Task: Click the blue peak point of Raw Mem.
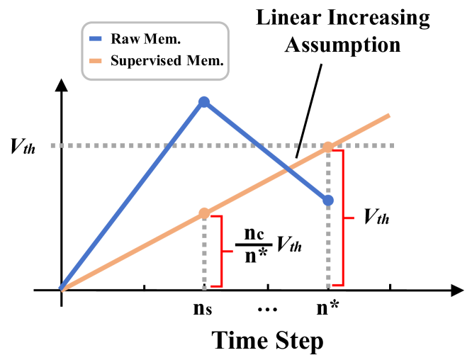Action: (204, 102)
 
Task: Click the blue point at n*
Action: (328, 201)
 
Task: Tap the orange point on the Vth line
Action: (328, 147)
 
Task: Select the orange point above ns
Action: (204, 213)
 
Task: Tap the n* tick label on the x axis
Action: (328, 308)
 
